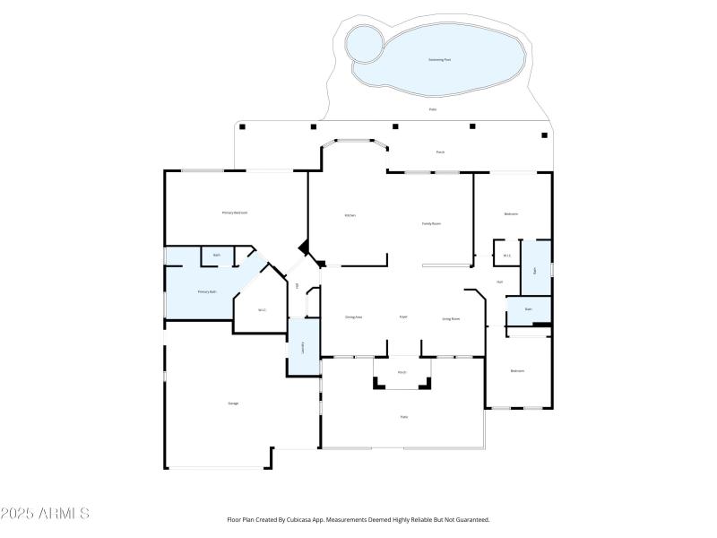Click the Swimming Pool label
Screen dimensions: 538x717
point(440,59)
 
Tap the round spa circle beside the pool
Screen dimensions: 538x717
point(363,42)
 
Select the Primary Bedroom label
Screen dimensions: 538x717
point(235,213)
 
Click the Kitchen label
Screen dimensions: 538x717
point(351,215)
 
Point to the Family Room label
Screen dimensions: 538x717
point(432,223)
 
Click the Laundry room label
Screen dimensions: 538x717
point(303,349)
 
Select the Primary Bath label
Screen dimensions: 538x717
point(207,291)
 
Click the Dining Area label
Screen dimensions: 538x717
point(353,317)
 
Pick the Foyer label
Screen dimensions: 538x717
point(403,317)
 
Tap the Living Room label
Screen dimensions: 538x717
point(451,318)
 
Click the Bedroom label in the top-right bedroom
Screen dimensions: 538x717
point(511,213)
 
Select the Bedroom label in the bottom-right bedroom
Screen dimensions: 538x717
point(517,370)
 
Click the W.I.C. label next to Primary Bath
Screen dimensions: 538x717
point(262,310)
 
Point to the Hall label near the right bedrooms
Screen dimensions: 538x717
point(499,282)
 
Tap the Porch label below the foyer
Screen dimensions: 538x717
point(402,372)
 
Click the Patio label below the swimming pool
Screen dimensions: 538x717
point(433,109)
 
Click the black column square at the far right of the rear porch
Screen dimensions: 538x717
point(544,135)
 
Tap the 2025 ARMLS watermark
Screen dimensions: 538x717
point(45,514)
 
